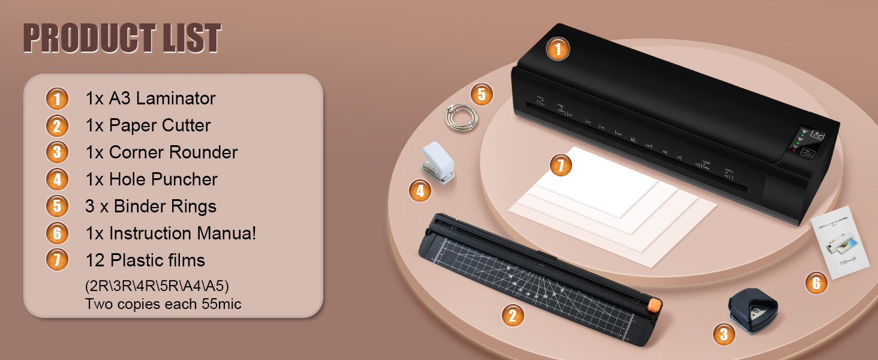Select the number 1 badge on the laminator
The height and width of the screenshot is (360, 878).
point(558,49)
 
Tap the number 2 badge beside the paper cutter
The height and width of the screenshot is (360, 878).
point(512,315)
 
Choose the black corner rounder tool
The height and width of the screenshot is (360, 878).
point(752,308)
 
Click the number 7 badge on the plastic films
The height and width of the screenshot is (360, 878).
point(560,165)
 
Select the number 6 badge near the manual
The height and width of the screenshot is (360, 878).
point(816,283)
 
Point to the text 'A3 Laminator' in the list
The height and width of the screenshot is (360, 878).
point(162,98)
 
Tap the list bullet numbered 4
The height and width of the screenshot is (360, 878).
point(57,179)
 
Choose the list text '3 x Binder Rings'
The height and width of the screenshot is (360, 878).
point(151,206)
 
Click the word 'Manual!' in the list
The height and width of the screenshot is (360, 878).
point(224,233)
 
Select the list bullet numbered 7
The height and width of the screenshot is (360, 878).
point(57,260)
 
